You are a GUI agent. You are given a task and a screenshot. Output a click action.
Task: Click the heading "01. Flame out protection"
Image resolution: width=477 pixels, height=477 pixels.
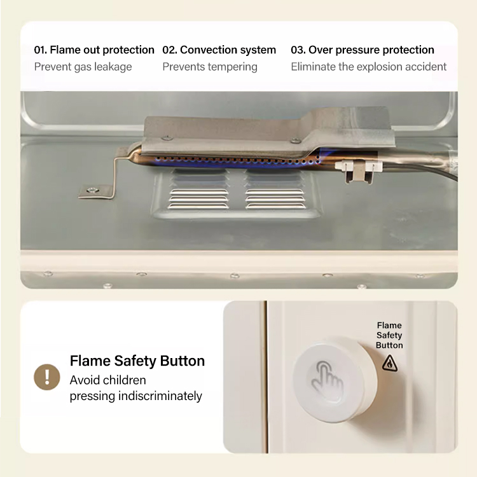(94, 50)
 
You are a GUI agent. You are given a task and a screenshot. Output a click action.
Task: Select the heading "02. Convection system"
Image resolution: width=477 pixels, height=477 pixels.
(219, 50)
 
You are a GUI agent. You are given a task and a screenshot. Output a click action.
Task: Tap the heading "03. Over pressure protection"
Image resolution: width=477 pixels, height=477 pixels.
(363, 50)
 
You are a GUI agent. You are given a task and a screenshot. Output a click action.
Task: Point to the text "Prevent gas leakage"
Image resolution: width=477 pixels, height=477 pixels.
(83, 67)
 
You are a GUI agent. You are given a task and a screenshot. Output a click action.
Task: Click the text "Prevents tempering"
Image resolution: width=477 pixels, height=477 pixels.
(210, 67)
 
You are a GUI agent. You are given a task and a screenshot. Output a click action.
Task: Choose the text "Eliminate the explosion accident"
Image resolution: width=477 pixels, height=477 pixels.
(369, 67)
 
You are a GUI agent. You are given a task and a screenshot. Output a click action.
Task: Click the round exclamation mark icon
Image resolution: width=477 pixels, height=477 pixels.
(47, 377)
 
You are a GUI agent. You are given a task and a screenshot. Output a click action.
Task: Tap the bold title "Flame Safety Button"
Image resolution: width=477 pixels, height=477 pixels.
(137, 361)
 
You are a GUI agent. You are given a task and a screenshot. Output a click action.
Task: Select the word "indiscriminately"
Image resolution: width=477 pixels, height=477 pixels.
(160, 396)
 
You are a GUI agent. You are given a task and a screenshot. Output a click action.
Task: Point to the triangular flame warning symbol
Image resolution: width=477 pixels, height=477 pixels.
(390, 363)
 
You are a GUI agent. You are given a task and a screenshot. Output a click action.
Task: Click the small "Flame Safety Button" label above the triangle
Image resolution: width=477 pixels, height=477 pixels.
(389, 335)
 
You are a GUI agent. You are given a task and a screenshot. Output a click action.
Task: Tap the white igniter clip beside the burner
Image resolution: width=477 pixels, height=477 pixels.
(359, 170)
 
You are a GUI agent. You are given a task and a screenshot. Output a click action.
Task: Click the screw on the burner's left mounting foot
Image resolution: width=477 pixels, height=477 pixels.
(91, 190)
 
